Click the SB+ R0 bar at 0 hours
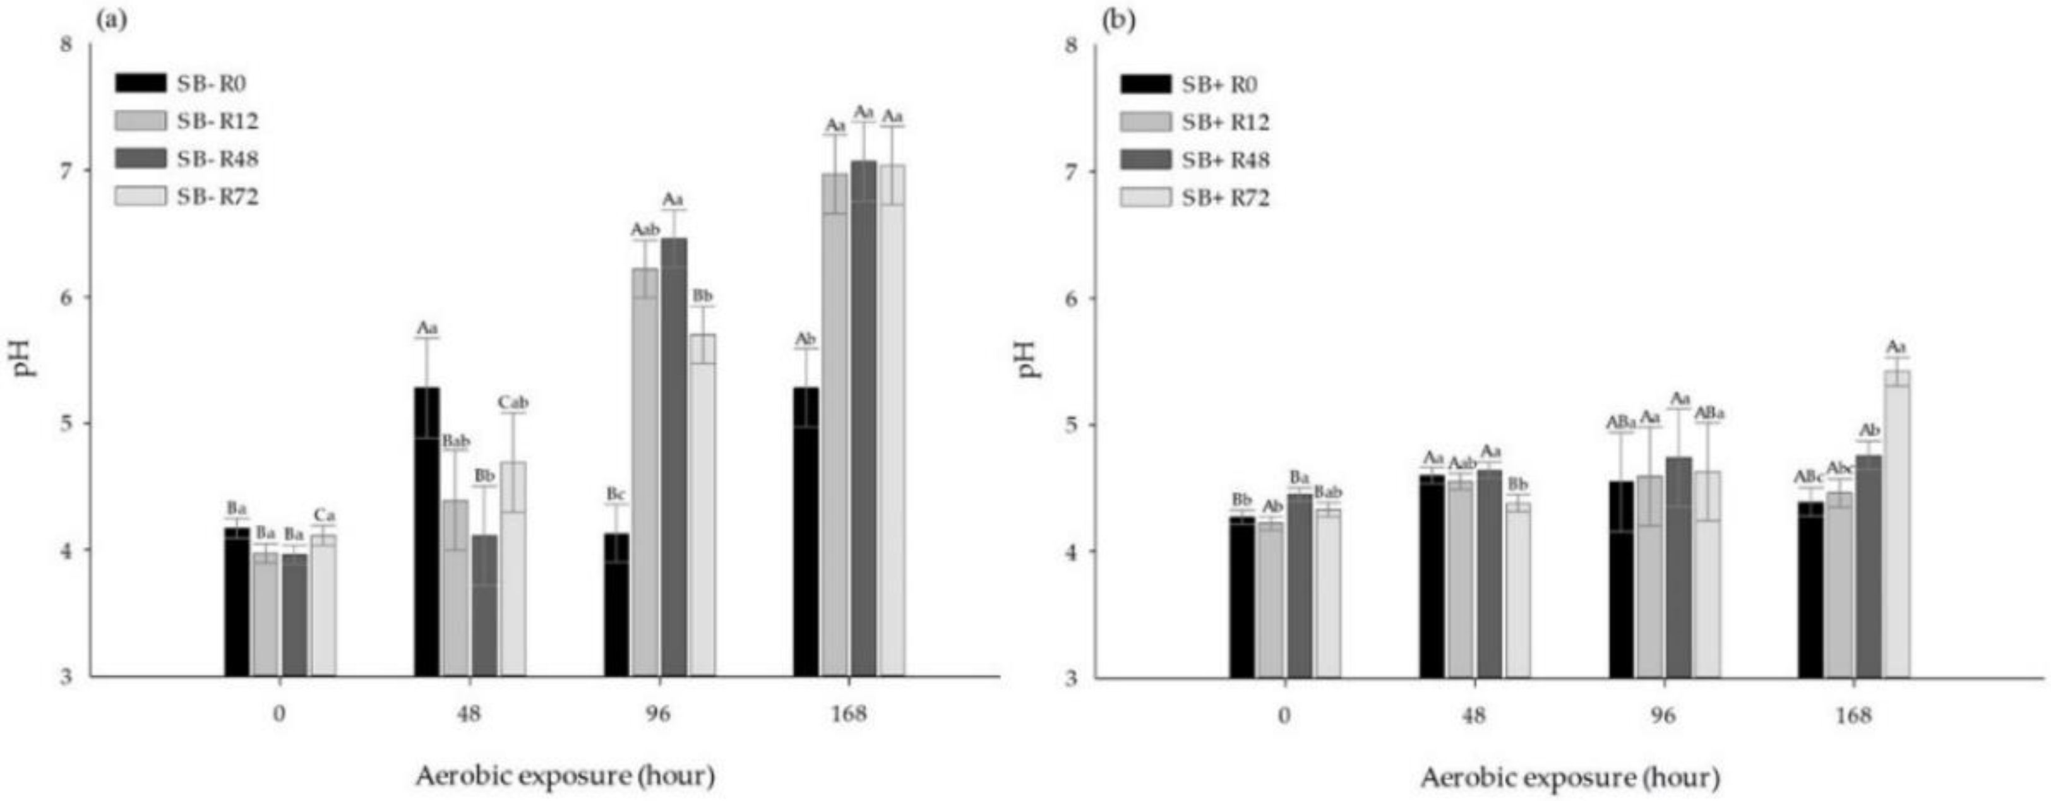[1241, 596]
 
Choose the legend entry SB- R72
[217, 197]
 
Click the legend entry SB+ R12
[1225, 122]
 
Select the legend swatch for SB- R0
[141, 83]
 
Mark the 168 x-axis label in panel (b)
[1855, 715]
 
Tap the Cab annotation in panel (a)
[513, 403]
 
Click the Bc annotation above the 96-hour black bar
[616, 494]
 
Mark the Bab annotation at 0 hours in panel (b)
[1327, 493]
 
